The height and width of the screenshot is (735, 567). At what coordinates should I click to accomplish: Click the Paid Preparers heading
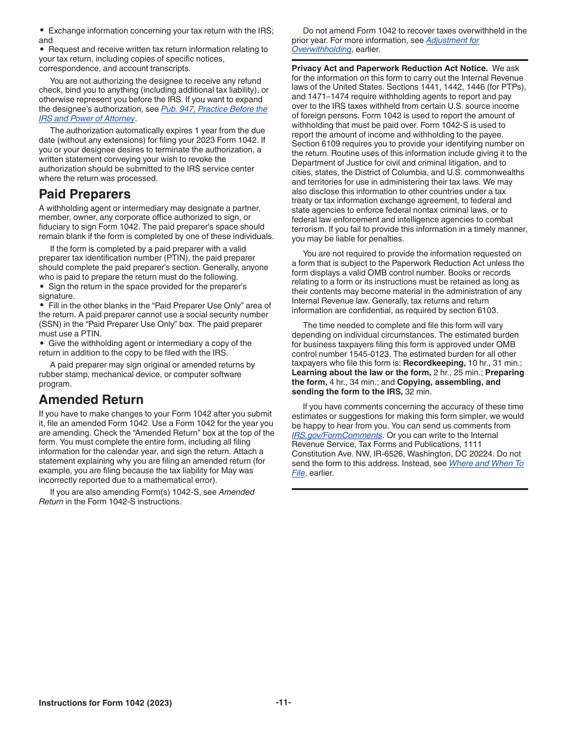coord(84,194)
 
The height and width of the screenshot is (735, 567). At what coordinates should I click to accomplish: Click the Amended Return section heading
coord(91,400)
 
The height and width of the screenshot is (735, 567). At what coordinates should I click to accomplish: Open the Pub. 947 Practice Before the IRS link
coord(214,109)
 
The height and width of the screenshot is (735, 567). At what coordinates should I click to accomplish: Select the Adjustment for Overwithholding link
coord(452,40)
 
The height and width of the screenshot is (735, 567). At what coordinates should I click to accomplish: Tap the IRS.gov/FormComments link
coord(337,436)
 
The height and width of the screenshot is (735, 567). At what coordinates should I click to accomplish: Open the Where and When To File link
coord(485,464)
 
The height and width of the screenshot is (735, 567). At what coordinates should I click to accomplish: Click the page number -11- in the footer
coord(283,703)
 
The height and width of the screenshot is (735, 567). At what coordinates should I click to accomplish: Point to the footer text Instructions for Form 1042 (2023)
coord(105,703)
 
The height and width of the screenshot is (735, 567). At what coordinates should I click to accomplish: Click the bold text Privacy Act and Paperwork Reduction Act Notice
coord(389,69)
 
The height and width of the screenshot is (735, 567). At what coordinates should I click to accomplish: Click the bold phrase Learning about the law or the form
coord(360,373)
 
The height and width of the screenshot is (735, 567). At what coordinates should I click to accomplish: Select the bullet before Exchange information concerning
coord(42,30)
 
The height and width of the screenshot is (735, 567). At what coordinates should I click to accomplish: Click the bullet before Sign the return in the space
coord(42,286)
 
